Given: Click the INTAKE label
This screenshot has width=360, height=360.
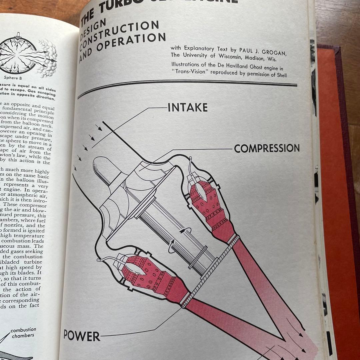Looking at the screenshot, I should (x=187, y=107).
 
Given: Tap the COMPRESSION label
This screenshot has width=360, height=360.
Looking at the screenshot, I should (x=267, y=148).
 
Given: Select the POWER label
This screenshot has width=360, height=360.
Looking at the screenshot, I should (x=82, y=335).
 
